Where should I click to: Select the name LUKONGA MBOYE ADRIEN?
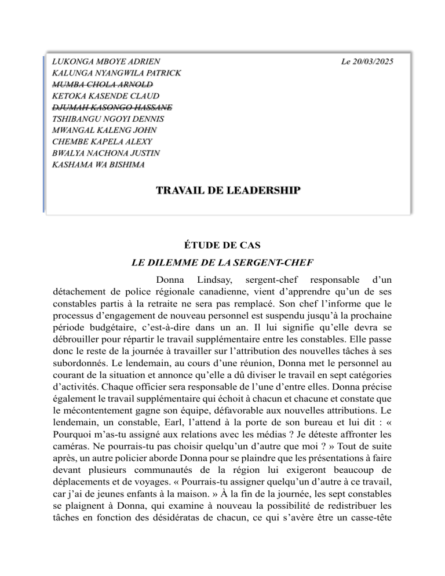[x=106, y=61]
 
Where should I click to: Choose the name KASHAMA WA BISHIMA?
[x=99, y=165]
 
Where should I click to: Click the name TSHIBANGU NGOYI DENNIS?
[x=108, y=119]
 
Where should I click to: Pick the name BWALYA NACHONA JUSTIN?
[x=106, y=154]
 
